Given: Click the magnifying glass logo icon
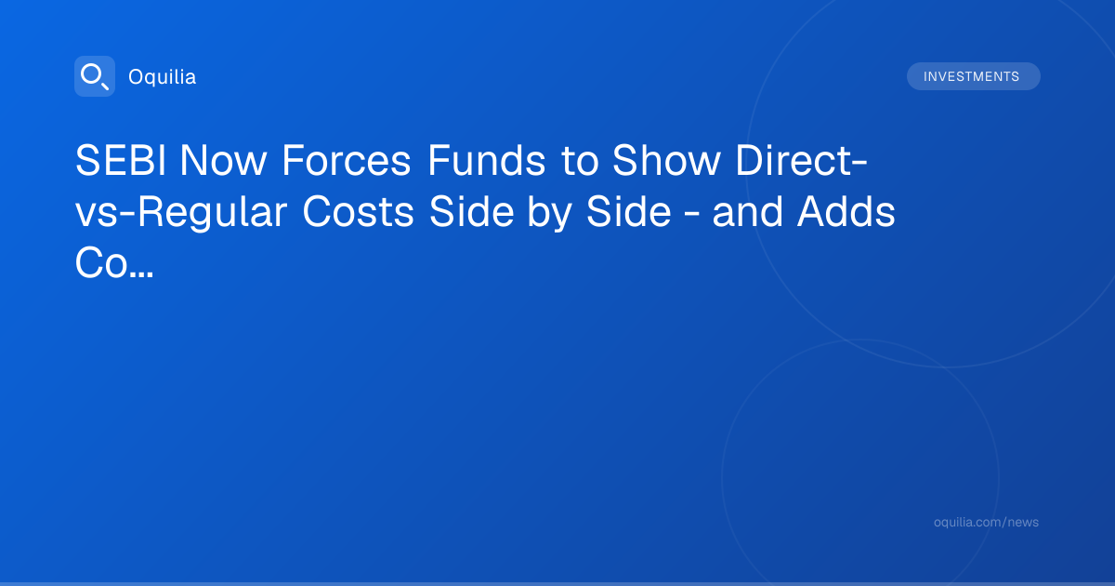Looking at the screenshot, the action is [x=95, y=76].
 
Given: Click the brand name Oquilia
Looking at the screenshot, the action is [x=163, y=76].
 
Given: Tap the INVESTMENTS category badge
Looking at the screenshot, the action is [x=973, y=76].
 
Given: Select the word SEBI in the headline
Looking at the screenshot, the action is [x=121, y=160].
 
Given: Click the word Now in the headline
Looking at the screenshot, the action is [x=223, y=160].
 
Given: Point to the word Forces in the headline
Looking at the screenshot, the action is [x=347, y=160].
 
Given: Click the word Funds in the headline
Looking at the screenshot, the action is [x=486, y=160].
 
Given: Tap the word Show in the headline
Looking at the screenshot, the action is [x=666, y=160].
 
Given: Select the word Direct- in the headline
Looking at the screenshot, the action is [x=801, y=160].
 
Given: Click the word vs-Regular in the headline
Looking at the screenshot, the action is [x=181, y=212].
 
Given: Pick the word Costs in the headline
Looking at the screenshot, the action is [x=358, y=212].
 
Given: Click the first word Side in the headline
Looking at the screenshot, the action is [x=471, y=212].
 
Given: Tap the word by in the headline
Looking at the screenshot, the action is [x=549, y=213].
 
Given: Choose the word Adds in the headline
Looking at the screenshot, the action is [x=846, y=212].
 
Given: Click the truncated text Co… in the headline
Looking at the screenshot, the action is [x=114, y=263].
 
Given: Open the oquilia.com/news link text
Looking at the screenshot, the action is [x=986, y=522].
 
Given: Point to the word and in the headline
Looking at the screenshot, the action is [x=747, y=212].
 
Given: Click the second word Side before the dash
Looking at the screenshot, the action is [x=629, y=212].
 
